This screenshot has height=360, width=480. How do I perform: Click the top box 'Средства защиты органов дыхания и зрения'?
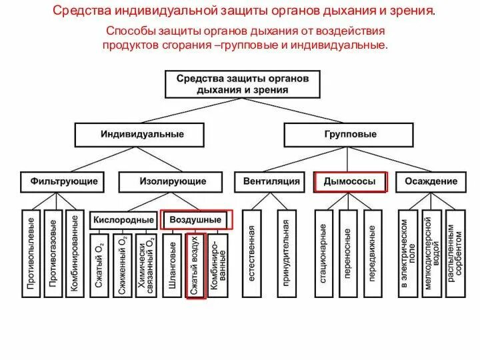click(243, 83)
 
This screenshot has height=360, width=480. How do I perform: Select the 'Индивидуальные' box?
click(142, 134)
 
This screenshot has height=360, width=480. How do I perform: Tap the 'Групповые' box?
click(349, 134)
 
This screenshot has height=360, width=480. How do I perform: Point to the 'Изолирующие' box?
click(172, 181)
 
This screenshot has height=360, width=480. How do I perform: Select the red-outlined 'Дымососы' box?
click(349, 181)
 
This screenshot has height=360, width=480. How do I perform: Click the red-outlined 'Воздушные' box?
click(196, 219)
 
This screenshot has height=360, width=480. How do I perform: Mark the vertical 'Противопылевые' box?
click(31, 253)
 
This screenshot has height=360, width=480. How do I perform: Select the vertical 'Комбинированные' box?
click(75, 253)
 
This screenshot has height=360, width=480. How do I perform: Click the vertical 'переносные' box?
click(348, 253)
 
